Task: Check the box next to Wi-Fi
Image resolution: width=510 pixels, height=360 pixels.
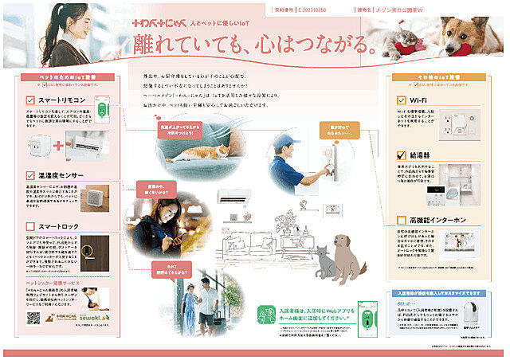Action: pyautogui.click(x=402, y=100)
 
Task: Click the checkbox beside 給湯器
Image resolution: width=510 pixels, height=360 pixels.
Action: pyautogui.click(x=402, y=155)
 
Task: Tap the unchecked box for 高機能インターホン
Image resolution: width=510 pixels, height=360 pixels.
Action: pyautogui.click(x=402, y=220)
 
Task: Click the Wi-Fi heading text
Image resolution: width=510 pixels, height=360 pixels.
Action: pyautogui.click(x=422, y=100)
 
